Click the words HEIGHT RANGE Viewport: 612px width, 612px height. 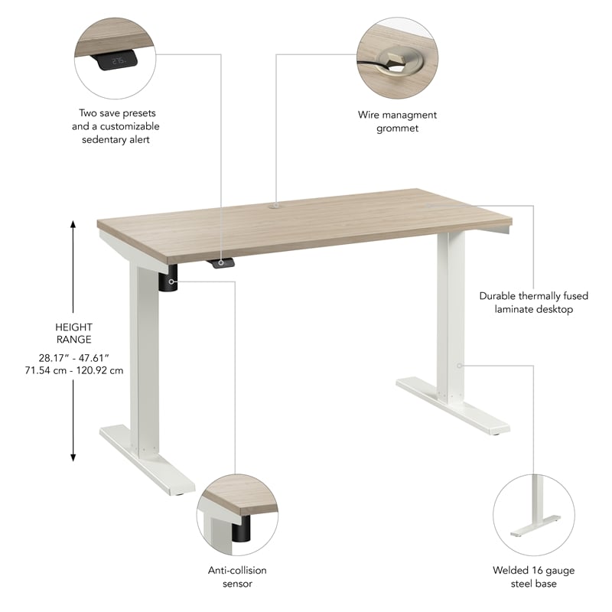click(73, 333)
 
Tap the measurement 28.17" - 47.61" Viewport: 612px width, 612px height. click(73, 358)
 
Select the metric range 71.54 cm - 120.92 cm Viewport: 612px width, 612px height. click(73, 370)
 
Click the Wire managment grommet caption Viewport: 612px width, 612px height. click(397, 122)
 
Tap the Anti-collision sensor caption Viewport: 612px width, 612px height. click(236, 577)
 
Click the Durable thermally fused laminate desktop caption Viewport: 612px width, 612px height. click(526, 302)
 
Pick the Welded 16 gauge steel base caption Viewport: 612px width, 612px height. click(533, 577)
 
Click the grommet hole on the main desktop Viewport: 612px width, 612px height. click(275, 205)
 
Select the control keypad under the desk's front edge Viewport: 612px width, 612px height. click(221, 263)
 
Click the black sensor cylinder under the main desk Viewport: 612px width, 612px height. click(169, 281)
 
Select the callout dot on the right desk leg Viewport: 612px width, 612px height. click(460, 365)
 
